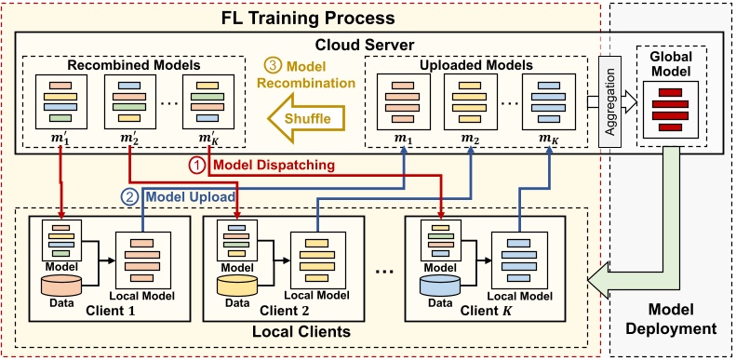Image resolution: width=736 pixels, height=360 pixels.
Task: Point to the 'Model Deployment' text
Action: pos(670,318)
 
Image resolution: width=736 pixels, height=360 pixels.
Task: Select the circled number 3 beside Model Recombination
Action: pos(272,67)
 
